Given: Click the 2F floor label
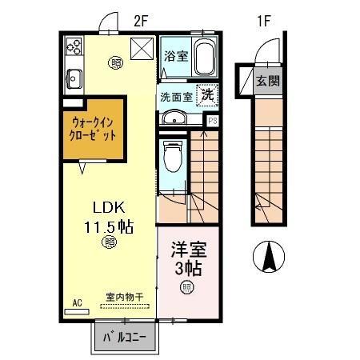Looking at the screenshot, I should [x=142, y=22].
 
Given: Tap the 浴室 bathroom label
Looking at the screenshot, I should [x=175, y=56].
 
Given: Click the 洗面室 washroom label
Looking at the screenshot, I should [x=174, y=96].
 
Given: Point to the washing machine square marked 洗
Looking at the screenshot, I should [x=207, y=95].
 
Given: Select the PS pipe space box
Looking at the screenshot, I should [x=212, y=121].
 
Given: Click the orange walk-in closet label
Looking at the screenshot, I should [x=93, y=130].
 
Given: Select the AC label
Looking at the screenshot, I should [x=78, y=302].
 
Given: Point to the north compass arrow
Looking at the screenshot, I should [x=270, y=256].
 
